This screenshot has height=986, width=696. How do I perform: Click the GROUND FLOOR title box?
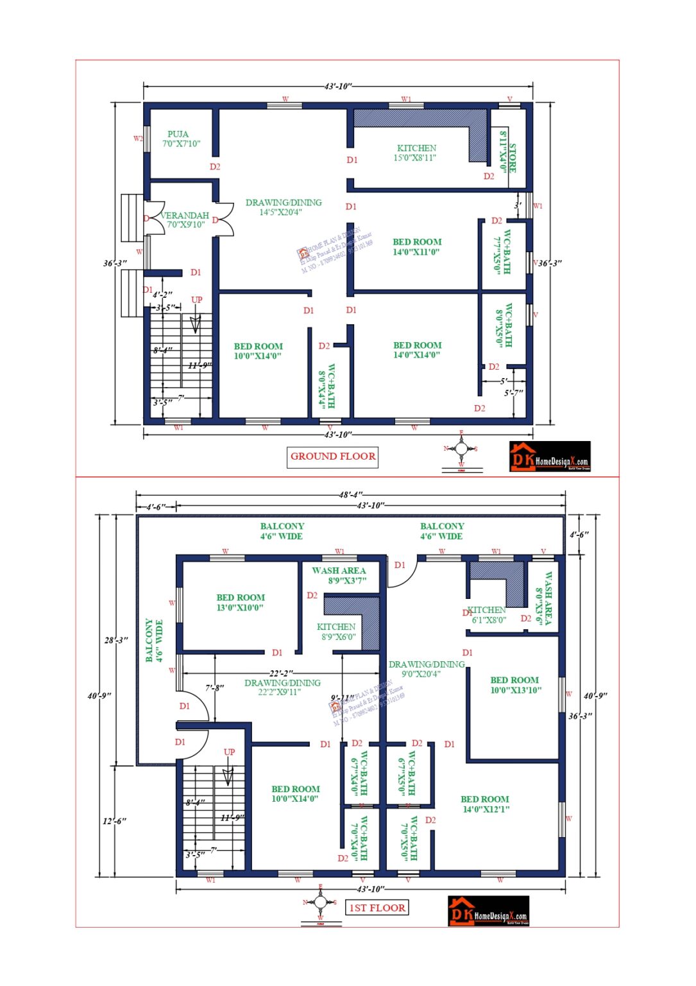click(332, 456)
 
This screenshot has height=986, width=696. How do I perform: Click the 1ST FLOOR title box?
click(377, 908)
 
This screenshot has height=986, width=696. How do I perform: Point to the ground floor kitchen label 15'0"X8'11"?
click(416, 153)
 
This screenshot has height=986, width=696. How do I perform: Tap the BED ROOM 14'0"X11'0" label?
click(417, 247)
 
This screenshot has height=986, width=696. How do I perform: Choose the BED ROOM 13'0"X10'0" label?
click(241, 602)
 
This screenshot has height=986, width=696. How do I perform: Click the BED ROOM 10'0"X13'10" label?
click(515, 685)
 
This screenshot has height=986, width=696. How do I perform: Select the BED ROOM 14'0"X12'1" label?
click(485, 804)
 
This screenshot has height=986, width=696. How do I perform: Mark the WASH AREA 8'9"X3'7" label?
click(339, 575)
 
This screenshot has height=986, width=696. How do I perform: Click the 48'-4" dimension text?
click(351, 495)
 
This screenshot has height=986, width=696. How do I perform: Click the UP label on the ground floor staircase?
click(197, 300)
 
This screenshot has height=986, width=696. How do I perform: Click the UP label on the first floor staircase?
click(229, 752)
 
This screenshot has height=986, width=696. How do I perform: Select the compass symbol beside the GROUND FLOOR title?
click(461, 449)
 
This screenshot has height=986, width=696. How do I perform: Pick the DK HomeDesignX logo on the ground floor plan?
click(550, 456)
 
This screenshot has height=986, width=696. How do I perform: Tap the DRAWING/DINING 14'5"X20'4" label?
click(283, 207)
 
